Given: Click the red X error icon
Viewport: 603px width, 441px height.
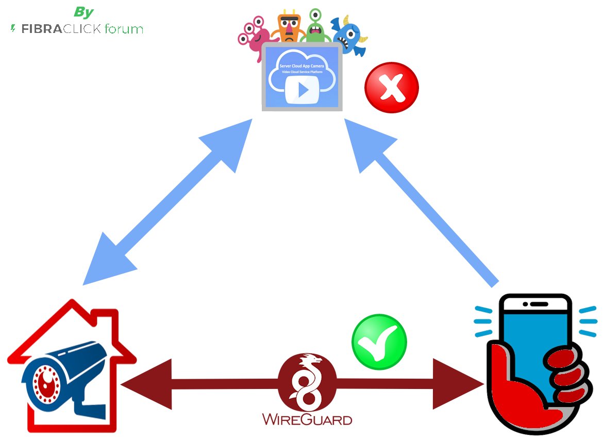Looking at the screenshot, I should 391,88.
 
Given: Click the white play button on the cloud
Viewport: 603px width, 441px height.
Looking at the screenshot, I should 303,90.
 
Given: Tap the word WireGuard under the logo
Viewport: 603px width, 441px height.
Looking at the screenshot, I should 307,418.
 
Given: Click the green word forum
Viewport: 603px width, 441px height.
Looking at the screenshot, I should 124,29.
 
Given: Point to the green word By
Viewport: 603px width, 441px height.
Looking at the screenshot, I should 83,12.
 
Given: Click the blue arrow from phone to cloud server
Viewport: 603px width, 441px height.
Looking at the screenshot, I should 423,201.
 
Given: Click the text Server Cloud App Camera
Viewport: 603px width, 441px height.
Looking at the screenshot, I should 302,66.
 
